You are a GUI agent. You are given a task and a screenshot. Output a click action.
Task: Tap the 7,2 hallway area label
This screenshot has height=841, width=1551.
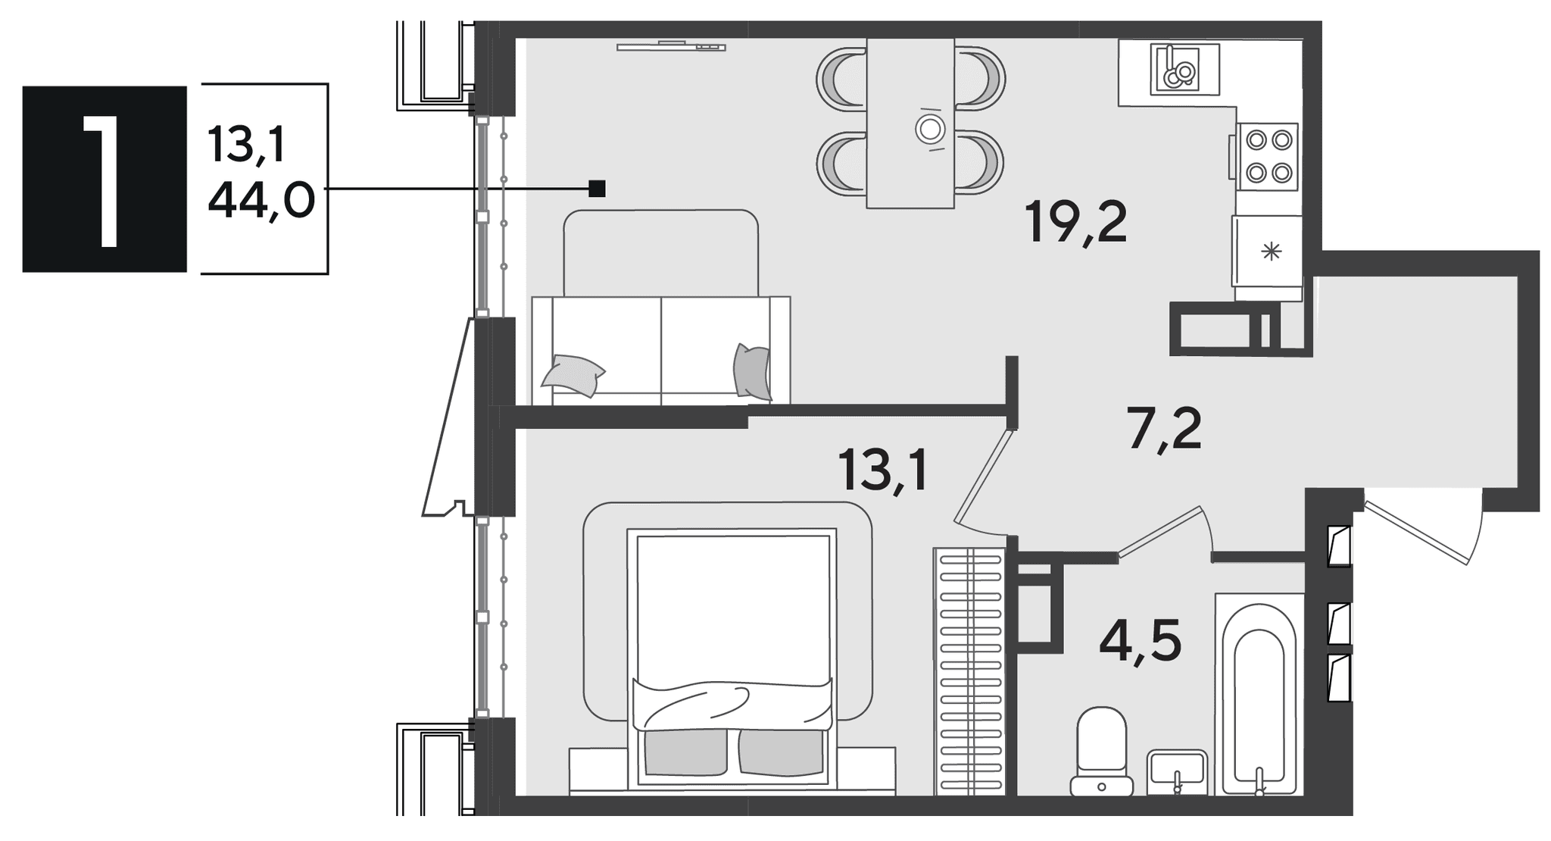(1164, 428)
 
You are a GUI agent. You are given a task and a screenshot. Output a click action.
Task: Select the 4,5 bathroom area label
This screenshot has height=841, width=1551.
(1141, 641)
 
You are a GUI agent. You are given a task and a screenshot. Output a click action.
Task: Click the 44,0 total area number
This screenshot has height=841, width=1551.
(261, 202)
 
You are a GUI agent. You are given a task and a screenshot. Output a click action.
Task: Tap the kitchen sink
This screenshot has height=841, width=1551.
(1184, 69)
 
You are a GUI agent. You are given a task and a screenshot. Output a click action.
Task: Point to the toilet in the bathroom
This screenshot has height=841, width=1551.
(1102, 751)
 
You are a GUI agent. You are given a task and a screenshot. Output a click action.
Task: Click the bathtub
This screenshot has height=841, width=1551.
(1259, 694)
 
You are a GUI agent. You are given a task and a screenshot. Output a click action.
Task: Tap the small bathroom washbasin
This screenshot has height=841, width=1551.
(1177, 772)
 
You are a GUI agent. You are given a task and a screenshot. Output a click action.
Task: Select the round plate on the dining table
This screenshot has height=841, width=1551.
(931, 130)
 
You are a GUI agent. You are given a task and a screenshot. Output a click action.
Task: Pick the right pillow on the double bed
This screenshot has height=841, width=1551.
(781, 752)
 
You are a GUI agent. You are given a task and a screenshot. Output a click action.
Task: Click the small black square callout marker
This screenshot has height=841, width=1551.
(597, 188)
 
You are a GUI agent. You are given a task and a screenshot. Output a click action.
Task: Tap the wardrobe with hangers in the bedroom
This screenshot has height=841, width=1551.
(969, 671)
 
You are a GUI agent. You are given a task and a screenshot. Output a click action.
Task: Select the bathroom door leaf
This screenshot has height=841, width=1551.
(1160, 532)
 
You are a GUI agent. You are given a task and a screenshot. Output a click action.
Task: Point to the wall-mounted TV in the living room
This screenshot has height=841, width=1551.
(671, 46)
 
